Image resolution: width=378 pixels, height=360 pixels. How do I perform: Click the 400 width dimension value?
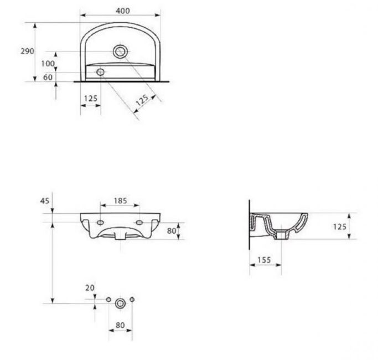click(123, 11)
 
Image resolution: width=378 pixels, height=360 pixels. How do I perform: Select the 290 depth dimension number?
click(27, 51)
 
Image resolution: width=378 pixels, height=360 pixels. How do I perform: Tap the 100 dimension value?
click(48, 64)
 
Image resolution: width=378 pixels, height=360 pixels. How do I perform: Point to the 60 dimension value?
click(48, 77)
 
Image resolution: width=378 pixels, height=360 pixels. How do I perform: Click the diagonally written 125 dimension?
click(142, 100)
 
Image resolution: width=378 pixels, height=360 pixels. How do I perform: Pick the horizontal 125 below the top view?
click(91, 99)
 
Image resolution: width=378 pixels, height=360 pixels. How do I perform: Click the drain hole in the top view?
click(120, 52)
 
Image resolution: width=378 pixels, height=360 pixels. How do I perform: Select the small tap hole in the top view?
click(100, 72)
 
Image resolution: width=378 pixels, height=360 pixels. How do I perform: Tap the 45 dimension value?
click(45, 200)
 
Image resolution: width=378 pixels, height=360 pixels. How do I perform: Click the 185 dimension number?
click(120, 200)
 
